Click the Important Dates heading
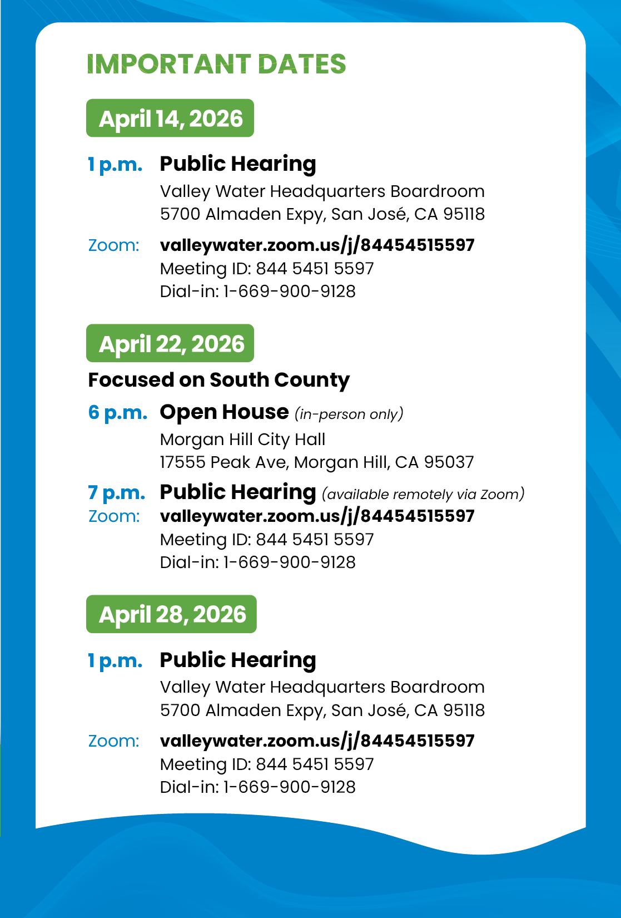pyautogui.click(x=216, y=64)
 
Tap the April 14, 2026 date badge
pyautogui.click(x=170, y=119)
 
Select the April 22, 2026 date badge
pyautogui.click(x=171, y=344)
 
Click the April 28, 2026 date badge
pyautogui.click(x=172, y=614)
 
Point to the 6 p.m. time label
pyautogui.click(x=117, y=412)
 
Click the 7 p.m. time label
pyautogui.click(x=116, y=492)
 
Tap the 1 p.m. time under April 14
pyautogui.click(x=115, y=164)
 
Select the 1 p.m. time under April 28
pyautogui.click(x=115, y=660)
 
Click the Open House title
pyautogui.click(x=224, y=412)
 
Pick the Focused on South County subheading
pyautogui.click(x=218, y=380)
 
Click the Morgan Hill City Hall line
pyautogui.click(x=242, y=440)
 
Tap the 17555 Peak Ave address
pyautogui.click(x=317, y=462)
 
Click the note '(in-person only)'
pyautogui.click(x=349, y=414)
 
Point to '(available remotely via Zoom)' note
pyautogui.click(x=423, y=494)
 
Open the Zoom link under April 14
pyautogui.click(x=317, y=245)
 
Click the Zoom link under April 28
pyautogui.click(x=317, y=741)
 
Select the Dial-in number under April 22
pyautogui.click(x=257, y=562)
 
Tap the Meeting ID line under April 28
pyautogui.click(x=267, y=764)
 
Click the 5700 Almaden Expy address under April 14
pyautogui.click(x=322, y=214)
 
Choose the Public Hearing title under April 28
pyautogui.click(x=238, y=660)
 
